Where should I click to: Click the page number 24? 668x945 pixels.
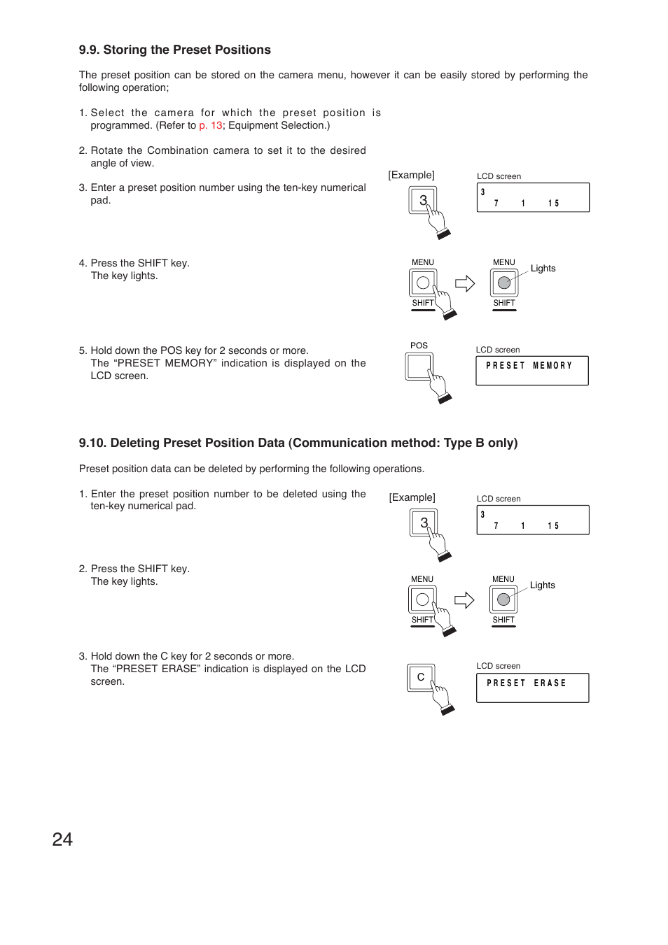(x=62, y=839)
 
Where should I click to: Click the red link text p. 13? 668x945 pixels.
(x=210, y=126)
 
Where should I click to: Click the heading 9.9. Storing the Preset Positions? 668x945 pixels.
(x=174, y=50)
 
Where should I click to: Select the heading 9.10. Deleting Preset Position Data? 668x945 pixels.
(x=298, y=443)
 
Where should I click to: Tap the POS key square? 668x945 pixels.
(x=419, y=366)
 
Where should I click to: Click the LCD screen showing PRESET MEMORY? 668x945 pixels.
(x=531, y=370)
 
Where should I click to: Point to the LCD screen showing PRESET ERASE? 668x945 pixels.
(x=532, y=687)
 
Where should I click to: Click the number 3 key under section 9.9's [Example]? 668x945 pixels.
(x=422, y=200)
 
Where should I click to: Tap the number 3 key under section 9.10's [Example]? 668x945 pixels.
(x=423, y=523)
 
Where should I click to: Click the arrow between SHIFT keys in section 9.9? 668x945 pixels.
(x=465, y=283)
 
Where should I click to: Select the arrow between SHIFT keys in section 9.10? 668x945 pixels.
(x=464, y=600)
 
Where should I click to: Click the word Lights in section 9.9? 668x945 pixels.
(x=543, y=269)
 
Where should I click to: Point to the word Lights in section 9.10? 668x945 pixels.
(x=542, y=585)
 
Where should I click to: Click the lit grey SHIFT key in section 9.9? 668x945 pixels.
(x=504, y=283)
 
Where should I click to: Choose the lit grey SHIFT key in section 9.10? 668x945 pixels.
(x=503, y=600)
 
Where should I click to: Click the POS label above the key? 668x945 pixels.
(x=419, y=346)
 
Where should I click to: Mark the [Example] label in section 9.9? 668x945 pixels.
(x=411, y=175)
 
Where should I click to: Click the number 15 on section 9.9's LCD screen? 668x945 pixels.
(x=553, y=204)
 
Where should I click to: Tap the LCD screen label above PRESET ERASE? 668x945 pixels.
(x=498, y=666)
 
